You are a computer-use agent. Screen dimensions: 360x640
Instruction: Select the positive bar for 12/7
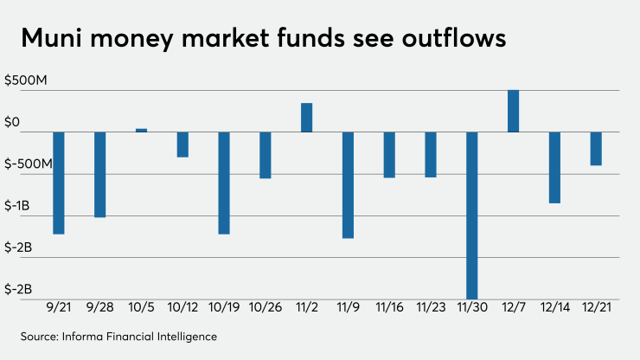(514, 111)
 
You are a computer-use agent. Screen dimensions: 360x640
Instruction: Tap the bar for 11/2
(307, 118)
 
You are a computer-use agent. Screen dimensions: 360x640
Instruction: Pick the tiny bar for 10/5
(142, 130)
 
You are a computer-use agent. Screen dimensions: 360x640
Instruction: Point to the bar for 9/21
(59, 183)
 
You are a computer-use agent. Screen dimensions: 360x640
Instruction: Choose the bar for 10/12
(182, 145)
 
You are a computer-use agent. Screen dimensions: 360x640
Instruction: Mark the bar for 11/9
(349, 184)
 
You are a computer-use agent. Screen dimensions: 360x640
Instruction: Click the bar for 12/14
(554, 167)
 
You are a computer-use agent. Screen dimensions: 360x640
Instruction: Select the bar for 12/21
(596, 148)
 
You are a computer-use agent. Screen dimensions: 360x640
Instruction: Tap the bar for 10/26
(266, 155)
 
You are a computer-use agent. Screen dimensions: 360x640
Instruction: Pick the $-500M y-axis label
(29, 164)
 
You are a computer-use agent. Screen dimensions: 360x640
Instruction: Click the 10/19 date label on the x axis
(224, 307)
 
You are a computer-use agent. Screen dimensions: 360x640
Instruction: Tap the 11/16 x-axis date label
(389, 307)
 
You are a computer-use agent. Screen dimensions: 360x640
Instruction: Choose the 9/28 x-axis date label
(100, 307)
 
